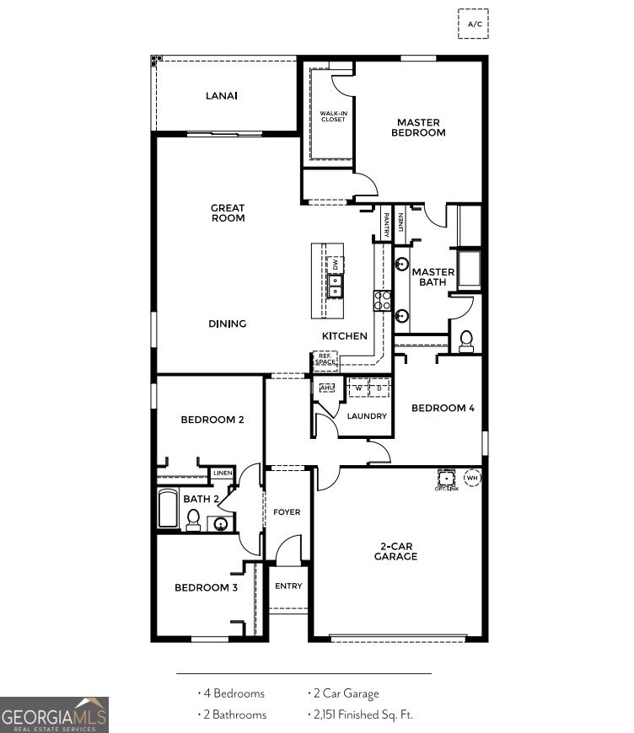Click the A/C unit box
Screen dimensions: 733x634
474,24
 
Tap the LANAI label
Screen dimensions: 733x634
222,95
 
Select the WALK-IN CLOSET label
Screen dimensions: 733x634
333,116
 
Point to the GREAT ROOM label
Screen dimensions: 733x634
228,212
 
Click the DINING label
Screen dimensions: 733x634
228,324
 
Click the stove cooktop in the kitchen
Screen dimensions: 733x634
383,300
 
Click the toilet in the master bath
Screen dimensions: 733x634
466,341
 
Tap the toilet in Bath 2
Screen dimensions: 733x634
193,519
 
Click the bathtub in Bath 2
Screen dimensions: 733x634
168,510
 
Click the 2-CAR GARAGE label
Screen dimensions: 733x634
396,551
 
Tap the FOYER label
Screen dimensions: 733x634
287,512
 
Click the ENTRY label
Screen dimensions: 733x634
288,586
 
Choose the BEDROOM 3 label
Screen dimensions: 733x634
206,587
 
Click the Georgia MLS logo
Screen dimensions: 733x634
54,715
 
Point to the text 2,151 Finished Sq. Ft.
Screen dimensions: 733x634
360,714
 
